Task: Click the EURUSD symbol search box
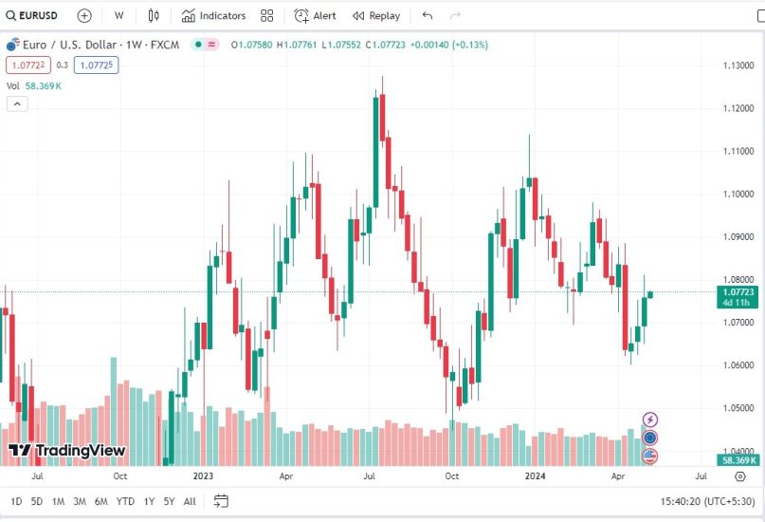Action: click(x=34, y=15)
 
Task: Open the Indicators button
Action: click(x=213, y=15)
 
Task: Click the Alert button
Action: click(x=315, y=15)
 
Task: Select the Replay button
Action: click(x=375, y=15)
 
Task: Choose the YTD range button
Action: click(x=124, y=501)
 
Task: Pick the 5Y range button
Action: click(x=169, y=501)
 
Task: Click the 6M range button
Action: click(x=100, y=501)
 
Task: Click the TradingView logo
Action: click(x=66, y=450)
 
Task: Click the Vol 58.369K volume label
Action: click(x=34, y=85)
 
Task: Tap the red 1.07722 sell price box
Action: click(x=27, y=65)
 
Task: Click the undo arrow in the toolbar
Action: click(x=428, y=15)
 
